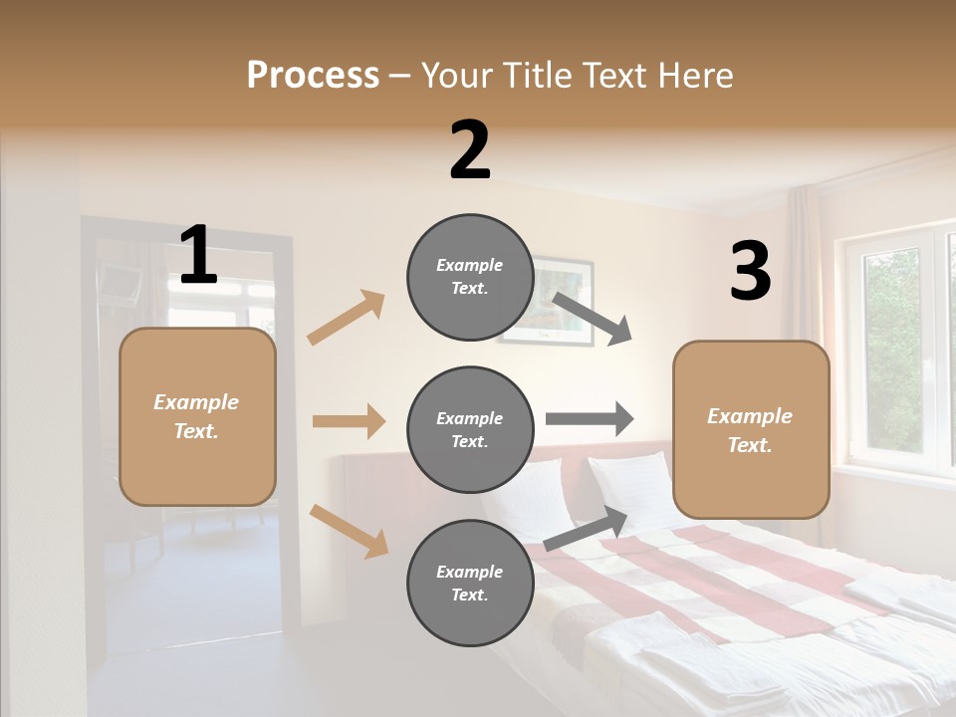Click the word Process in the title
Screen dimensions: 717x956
[313, 75]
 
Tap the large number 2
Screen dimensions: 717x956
[470, 150]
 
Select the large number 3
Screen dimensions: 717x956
[750, 272]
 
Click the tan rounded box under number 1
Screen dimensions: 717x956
[197, 416]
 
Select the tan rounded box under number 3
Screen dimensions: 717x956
[751, 430]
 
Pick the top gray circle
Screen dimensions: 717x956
[470, 277]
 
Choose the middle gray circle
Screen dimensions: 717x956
[470, 430]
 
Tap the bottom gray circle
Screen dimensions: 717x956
[470, 584]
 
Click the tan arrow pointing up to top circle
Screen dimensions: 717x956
[347, 317]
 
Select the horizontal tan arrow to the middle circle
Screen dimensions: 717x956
[349, 421]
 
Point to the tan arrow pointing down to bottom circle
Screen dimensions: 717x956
[349, 530]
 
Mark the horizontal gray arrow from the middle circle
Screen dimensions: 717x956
[589, 419]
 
